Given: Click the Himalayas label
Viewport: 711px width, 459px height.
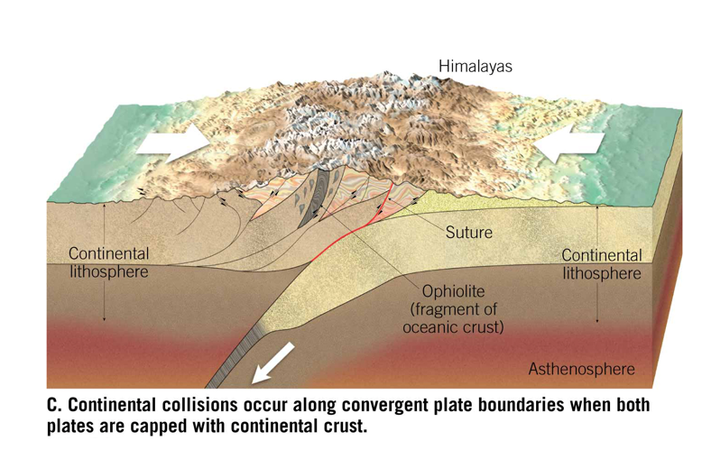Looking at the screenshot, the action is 476,66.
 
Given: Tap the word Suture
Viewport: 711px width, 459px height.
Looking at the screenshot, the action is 469,234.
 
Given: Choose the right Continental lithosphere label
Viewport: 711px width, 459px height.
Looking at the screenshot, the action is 602,264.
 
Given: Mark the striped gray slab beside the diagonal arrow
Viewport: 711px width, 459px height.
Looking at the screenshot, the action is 236,357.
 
